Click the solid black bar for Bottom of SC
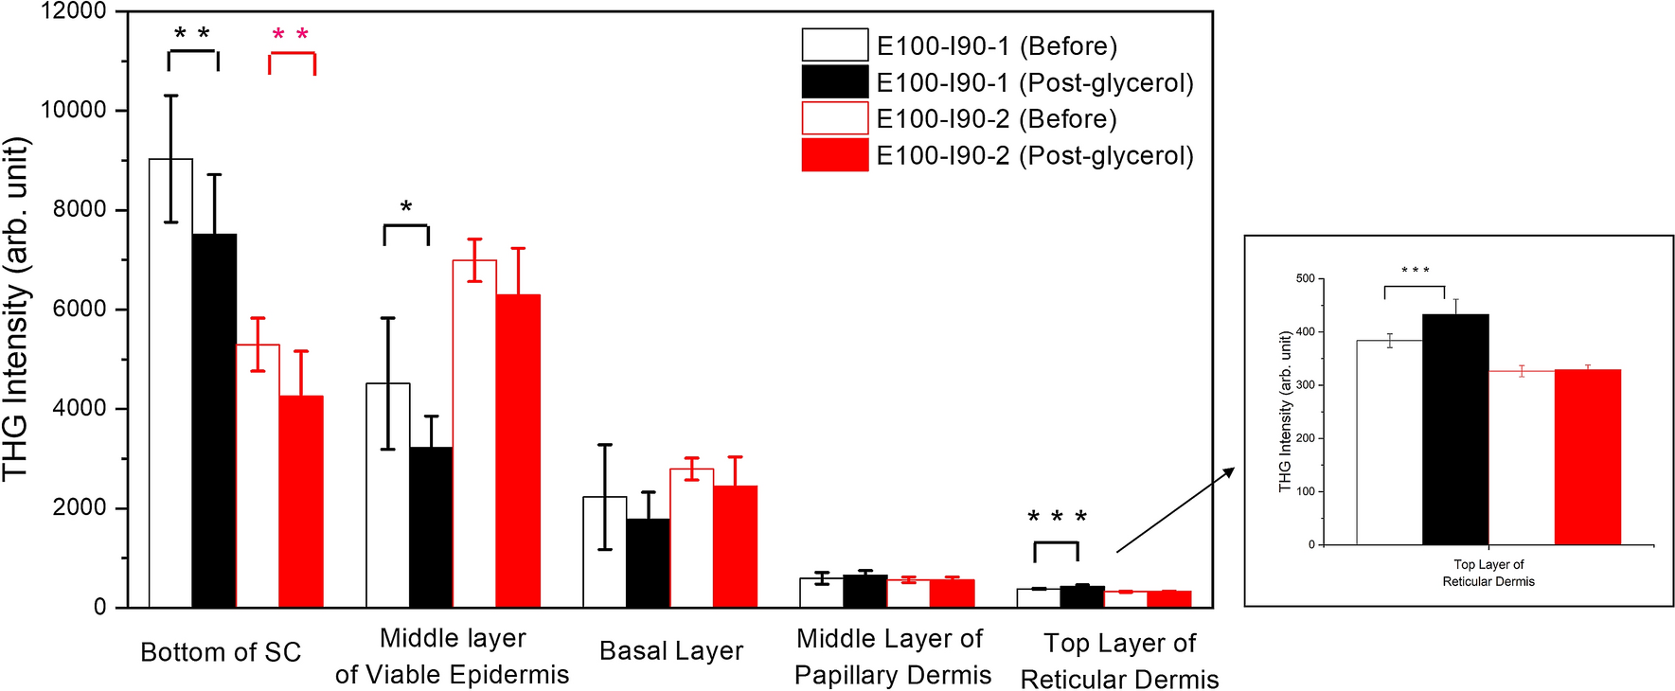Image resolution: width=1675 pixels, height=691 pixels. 214,420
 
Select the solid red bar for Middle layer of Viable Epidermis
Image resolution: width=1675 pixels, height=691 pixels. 518,451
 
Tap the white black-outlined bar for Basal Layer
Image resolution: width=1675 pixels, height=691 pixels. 604,552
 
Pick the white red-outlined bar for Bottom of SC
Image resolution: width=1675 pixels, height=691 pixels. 258,475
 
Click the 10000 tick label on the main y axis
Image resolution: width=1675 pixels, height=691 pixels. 74,110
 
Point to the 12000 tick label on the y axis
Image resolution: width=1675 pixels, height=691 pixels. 74,11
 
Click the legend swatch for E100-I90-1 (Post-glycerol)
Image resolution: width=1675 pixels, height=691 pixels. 834,82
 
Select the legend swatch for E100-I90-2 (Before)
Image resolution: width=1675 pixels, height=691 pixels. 834,118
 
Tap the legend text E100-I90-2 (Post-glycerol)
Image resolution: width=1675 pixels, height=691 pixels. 1035,155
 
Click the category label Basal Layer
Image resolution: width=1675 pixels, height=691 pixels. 671,651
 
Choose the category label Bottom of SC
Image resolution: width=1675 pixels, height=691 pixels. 221,652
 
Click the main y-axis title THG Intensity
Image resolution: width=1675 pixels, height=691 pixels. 16,309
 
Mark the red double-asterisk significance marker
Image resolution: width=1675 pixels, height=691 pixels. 291,36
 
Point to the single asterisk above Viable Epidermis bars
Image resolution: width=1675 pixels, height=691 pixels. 406,207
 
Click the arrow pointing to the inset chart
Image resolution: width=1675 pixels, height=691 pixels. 1175,510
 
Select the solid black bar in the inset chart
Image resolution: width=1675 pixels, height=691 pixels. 1455,429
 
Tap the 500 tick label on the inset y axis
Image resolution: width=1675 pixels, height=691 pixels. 1306,279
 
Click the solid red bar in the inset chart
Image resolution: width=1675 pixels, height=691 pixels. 1588,456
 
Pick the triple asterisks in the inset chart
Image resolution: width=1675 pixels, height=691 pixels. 1416,271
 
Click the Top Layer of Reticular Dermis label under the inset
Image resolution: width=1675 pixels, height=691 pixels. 1488,573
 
